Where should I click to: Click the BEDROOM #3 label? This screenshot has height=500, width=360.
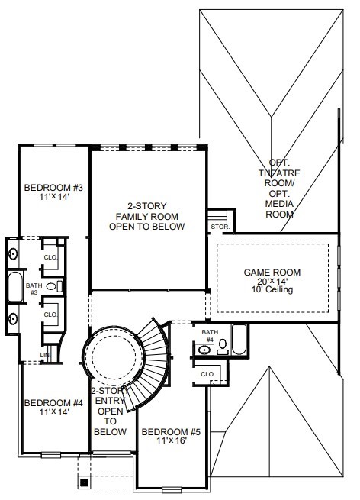53,188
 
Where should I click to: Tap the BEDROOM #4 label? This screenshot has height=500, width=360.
53,403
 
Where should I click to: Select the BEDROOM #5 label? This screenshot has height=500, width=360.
171,432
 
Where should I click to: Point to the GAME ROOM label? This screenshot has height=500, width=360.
272,273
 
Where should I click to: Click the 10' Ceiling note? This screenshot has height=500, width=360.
272,289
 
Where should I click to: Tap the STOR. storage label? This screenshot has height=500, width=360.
220,227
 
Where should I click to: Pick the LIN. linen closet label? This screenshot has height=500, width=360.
45,355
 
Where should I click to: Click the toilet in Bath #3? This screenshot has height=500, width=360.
54,286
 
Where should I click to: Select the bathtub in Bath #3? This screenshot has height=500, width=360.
15,286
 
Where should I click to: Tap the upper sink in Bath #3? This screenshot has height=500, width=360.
13,254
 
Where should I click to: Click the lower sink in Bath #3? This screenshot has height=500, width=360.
13,318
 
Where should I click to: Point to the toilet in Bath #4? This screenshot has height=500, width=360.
223,347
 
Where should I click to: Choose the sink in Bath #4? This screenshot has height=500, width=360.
204,350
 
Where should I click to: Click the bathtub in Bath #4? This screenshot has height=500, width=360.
239,340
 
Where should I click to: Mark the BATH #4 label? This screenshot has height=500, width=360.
210,336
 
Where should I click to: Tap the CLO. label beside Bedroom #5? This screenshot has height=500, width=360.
208,374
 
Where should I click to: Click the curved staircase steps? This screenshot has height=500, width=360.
153,363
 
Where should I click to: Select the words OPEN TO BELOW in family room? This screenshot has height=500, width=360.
147,227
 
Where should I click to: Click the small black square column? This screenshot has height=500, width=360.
84,482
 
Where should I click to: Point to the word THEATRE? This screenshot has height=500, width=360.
279,173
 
